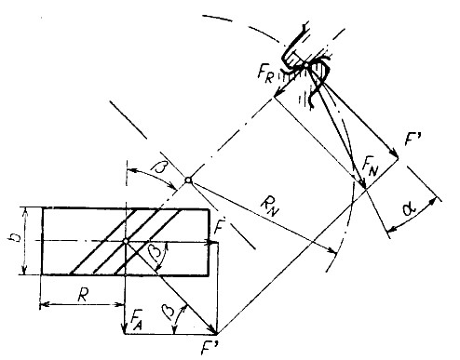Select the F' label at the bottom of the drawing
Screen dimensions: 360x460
[216, 348]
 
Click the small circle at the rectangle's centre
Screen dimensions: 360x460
[125, 241]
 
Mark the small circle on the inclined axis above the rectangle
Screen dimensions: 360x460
[188, 180]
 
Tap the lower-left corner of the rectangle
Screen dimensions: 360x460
[42, 275]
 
